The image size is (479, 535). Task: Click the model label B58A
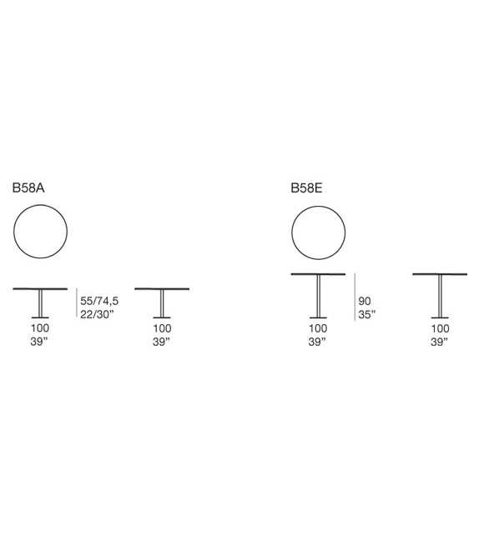[x=28, y=188]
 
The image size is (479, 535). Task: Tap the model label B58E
[x=306, y=188]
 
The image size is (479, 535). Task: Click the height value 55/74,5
[x=99, y=301]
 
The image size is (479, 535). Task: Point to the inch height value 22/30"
[x=97, y=314]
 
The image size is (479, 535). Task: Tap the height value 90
[x=365, y=301]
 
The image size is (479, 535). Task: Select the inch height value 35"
[x=367, y=314]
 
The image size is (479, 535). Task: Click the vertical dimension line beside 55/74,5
[x=76, y=302]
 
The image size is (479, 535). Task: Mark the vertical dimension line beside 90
[x=355, y=297]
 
